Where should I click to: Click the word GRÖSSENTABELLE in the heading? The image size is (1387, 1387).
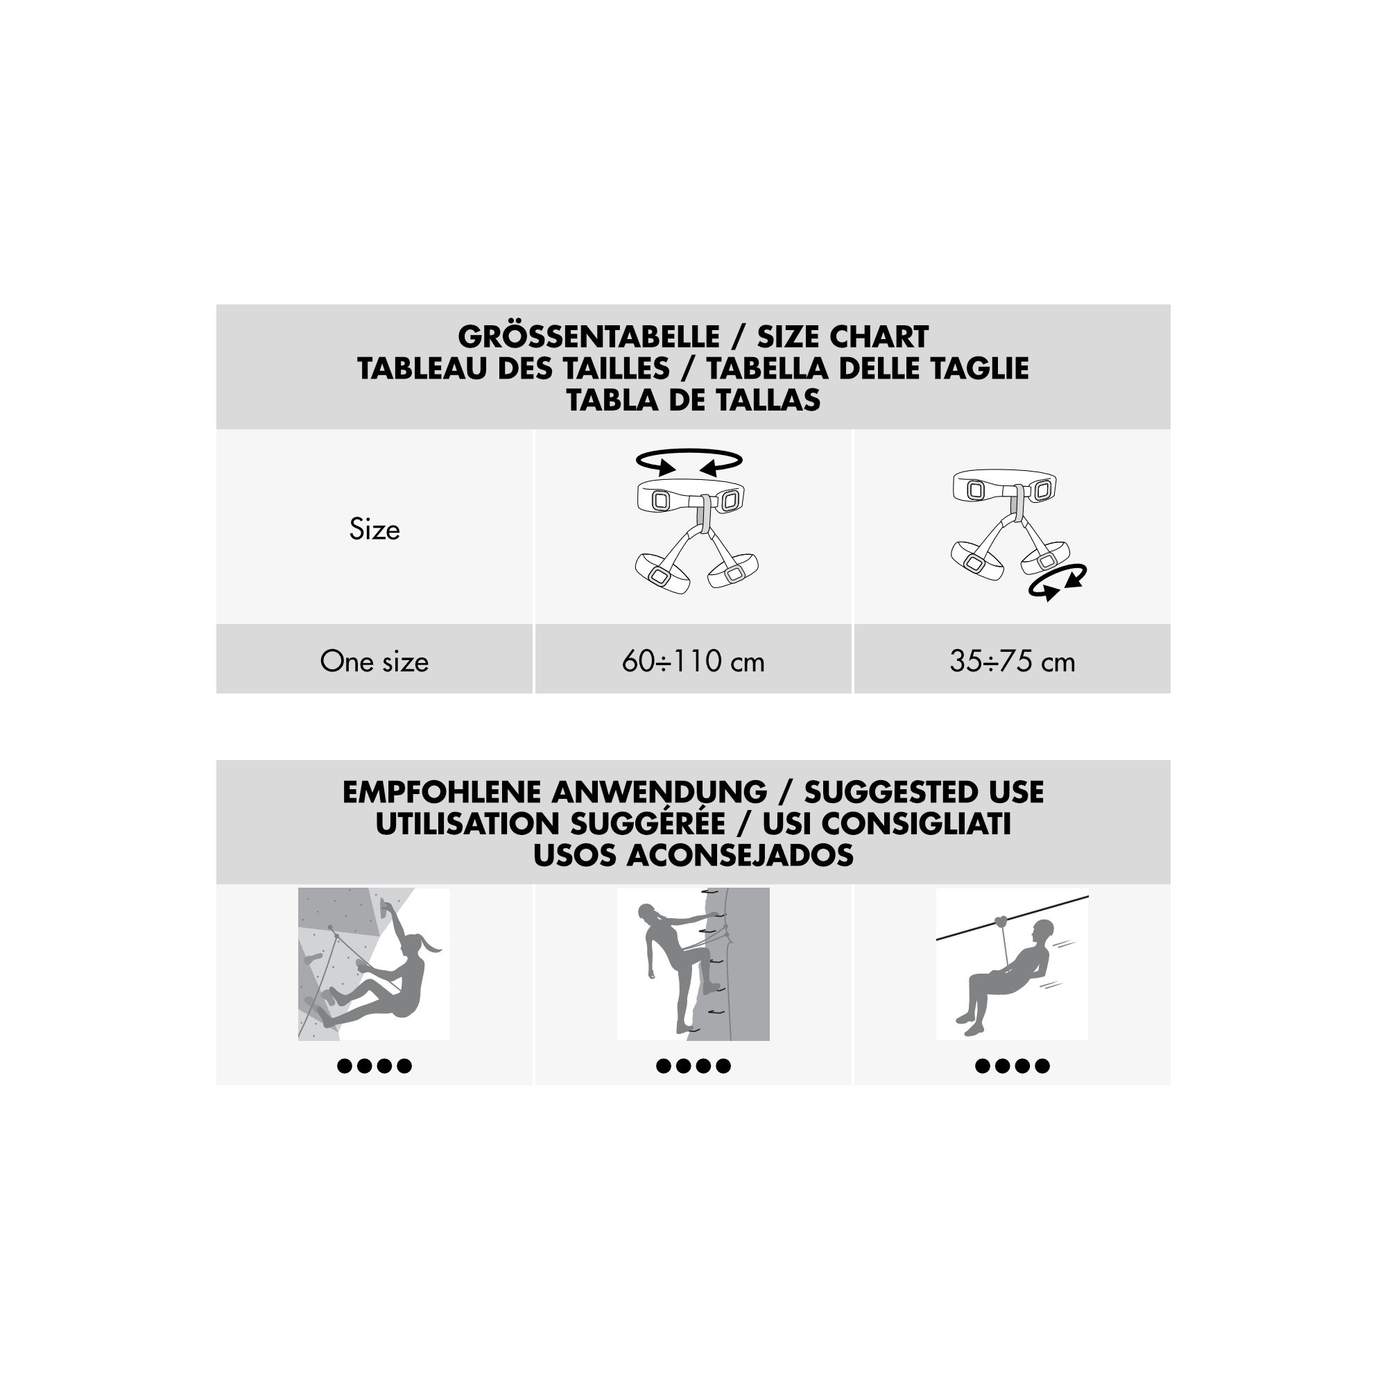[589, 336]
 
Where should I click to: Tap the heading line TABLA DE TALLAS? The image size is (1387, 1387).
[693, 400]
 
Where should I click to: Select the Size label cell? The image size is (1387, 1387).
[374, 529]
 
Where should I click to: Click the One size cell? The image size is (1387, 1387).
[374, 661]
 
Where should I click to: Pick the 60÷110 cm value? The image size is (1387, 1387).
[693, 661]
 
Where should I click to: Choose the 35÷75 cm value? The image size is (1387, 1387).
[1013, 661]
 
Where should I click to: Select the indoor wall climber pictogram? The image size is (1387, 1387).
[374, 964]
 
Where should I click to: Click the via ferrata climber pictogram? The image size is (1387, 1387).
[693, 964]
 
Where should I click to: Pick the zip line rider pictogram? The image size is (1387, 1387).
[1013, 964]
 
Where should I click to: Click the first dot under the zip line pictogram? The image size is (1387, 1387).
[983, 1066]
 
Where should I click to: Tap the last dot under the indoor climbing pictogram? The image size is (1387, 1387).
[404, 1066]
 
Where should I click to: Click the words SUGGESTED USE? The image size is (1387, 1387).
[924, 792]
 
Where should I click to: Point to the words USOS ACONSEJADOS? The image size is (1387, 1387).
[693, 855]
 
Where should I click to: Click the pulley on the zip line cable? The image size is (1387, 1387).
[1002, 921]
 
